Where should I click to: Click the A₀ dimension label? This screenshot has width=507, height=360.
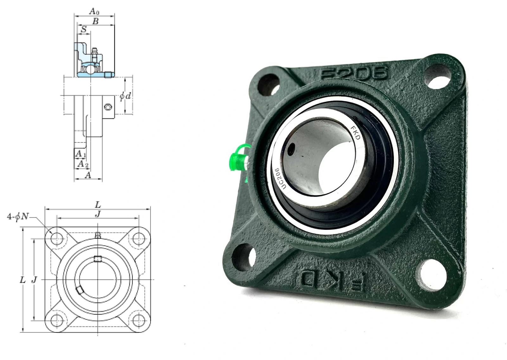[94, 11]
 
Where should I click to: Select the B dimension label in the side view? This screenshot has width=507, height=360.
[96, 21]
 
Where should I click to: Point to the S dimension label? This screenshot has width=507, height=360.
[84, 29]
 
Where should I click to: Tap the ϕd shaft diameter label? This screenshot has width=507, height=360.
[125, 96]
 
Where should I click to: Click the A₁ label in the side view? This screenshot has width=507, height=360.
[80, 154]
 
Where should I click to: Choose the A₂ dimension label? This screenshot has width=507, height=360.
[83, 164]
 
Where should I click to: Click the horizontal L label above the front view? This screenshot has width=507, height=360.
[98, 205]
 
